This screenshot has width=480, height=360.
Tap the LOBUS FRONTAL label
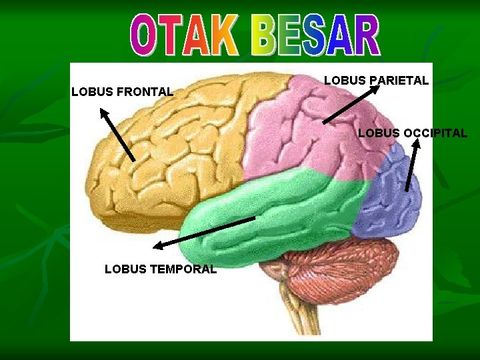pos(122,91)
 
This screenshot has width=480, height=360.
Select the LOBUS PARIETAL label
pos(376,81)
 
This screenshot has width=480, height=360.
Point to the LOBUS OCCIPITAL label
pos(413,133)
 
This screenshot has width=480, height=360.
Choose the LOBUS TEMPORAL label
pos(161,269)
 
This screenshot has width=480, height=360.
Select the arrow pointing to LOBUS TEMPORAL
pos(204,233)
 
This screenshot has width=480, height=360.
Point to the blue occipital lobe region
pos(393,197)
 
